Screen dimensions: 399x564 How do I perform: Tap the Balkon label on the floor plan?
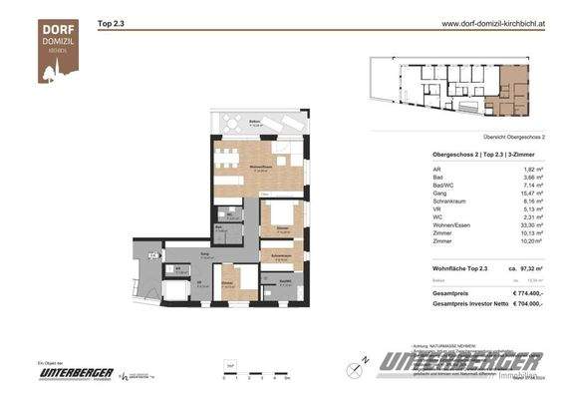[228, 120]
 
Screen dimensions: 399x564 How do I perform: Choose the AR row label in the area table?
[437, 171]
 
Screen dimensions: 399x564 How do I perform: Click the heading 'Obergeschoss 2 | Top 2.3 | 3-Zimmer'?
[482, 156]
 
